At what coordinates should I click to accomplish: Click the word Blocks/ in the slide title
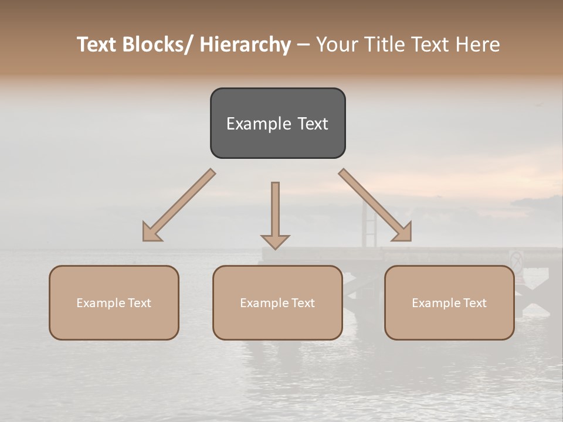click(x=157, y=45)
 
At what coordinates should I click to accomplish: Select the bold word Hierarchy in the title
click(x=245, y=45)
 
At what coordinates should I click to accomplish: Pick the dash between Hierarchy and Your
click(x=303, y=45)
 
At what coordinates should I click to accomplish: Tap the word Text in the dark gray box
click(x=312, y=124)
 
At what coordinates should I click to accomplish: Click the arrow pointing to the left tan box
click(x=179, y=205)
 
